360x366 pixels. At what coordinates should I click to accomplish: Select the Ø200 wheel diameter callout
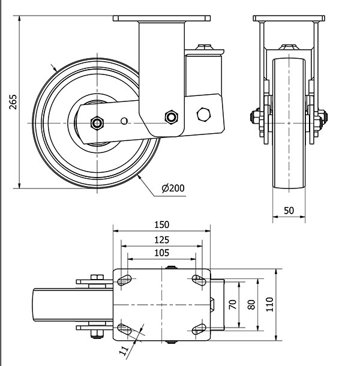point(173,188)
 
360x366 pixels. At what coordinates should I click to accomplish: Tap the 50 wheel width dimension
point(289,211)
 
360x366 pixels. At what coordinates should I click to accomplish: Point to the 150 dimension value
point(162,225)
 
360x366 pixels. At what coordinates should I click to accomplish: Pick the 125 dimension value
point(162,239)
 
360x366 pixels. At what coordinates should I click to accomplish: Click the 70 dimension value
point(233,304)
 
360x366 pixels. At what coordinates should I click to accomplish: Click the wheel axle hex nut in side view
point(96,123)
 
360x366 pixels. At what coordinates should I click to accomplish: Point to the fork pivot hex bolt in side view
point(171,116)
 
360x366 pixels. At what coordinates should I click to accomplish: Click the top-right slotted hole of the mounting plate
point(198,278)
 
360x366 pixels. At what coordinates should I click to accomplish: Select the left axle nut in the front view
point(256,118)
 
